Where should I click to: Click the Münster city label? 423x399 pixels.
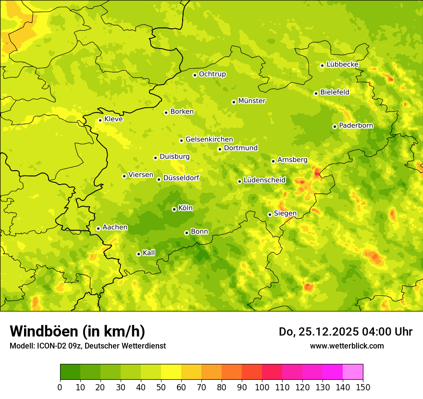pyautogui.click(x=252, y=101)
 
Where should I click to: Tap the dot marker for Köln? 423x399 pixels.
pyautogui.click(x=174, y=209)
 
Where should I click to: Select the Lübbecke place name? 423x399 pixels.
pyautogui.click(x=342, y=64)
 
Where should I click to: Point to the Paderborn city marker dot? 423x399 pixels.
pyautogui.click(x=335, y=126)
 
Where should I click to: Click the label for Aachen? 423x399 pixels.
pyautogui.click(x=115, y=227)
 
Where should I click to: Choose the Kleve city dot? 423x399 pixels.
pyautogui.click(x=100, y=120)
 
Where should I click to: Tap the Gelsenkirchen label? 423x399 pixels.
pyautogui.click(x=209, y=139)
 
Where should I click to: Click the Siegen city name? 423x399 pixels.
pyautogui.click(x=285, y=213)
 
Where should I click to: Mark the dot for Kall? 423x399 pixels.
pyautogui.click(x=138, y=254)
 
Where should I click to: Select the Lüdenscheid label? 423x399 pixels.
pyautogui.click(x=264, y=180)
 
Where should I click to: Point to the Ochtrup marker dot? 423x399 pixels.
pyautogui.click(x=195, y=75)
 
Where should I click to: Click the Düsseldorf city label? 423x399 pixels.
pyautogui.click(x=181, y=178)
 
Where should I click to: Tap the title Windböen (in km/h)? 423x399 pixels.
pyautogui.click(x=77, y=331)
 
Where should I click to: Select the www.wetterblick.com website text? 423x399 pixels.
pyautogui.click(x=347, y=346)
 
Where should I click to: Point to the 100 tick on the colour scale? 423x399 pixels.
pyautogui.click(x=262, y=387)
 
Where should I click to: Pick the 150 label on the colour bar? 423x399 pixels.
pyautogui.click(x=363, y=387)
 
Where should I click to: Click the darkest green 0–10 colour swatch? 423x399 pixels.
pyautogui.click(x=70, y=372)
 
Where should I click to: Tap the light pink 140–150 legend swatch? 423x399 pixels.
pyautogui.click(x=353, y=372)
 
